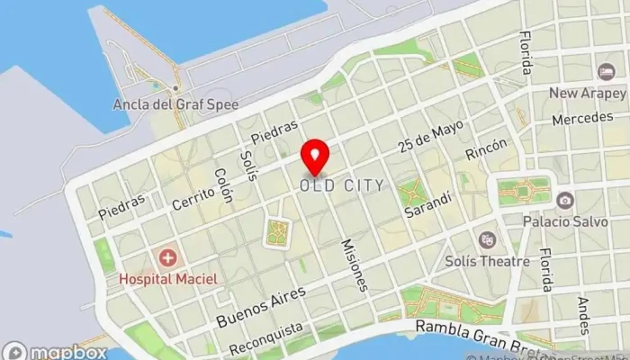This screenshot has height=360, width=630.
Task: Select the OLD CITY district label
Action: (342, 185)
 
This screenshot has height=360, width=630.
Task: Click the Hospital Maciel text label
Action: (168, 280)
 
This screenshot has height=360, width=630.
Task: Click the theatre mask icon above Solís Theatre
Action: (488, 239)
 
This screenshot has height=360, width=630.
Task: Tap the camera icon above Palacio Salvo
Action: (564, 200)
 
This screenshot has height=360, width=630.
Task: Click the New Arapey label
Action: (588, 93)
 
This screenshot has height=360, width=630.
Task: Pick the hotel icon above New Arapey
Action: (606, 71)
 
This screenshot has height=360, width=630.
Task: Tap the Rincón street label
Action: (486, 149)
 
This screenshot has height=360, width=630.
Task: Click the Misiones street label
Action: (355, 265)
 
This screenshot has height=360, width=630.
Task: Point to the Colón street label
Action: (223, 184)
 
